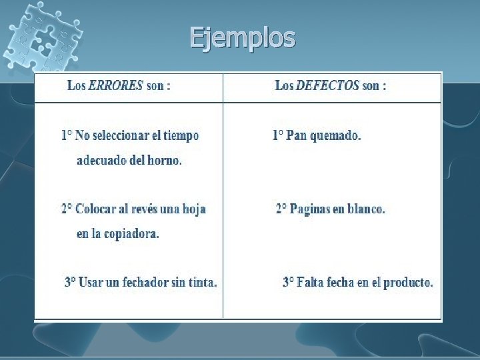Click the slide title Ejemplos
coord(242,38)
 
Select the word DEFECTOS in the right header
coord(327,86)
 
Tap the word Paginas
coord(309,209)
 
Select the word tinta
coord(202,282)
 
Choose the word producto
coord(411,282)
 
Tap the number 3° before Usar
coord(70,282)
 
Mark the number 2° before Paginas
coord(281,209)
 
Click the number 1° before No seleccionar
coord(67,135)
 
